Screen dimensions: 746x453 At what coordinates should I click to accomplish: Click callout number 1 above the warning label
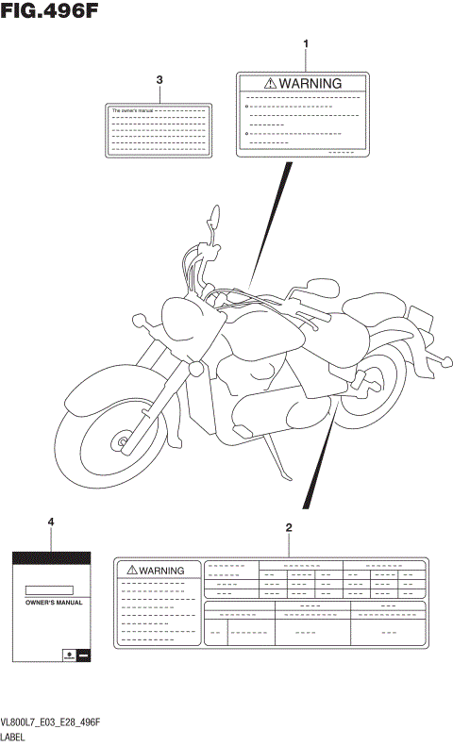coord(305,44)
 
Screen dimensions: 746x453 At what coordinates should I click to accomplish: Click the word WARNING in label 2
coord(161,570)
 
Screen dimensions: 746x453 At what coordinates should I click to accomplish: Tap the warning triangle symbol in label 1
coord(271,83)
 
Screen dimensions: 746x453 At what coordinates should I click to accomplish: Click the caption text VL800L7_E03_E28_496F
coord(51,722)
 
